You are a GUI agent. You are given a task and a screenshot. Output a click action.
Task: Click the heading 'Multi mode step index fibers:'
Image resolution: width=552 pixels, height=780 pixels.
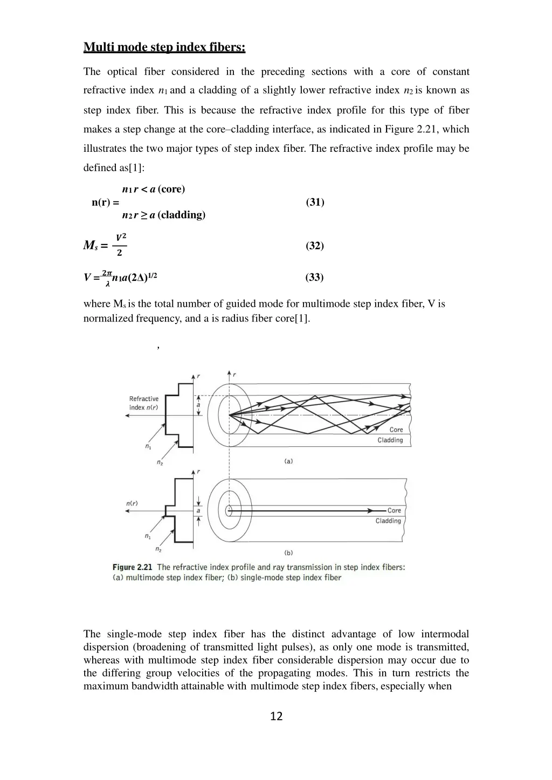tap(164, 47)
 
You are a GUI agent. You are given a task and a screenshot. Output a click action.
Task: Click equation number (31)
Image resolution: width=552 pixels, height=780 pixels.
tap(315, 202)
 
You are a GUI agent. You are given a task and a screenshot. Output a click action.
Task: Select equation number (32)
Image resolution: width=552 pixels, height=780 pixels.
tap(315, 245)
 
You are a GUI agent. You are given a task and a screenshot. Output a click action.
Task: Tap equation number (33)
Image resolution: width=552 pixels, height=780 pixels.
tap(314, 277)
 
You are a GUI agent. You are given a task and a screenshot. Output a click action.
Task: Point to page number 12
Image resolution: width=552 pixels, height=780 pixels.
tap(276, 716)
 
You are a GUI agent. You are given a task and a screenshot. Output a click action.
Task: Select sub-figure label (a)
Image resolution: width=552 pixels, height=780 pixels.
tap(288, 461)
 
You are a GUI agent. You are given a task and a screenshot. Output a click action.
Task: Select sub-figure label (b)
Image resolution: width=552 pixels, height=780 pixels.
tap(288, 552)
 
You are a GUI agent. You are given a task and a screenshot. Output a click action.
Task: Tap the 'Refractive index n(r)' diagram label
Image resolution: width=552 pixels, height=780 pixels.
tap(144, 403)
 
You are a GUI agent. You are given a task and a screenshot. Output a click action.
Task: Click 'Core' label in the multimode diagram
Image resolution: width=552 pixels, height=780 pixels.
tap(396, 430)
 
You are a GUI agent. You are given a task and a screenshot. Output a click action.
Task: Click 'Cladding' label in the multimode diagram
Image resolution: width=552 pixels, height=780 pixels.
tap(390, 440)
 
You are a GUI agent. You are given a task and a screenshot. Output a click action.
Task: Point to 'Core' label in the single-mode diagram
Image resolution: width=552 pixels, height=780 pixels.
tap(395, 510)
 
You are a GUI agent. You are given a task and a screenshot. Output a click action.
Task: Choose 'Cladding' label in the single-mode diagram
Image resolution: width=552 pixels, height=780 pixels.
tap(388, 521)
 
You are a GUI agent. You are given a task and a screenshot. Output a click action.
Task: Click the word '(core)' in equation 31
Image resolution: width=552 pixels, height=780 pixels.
tap(171, 189)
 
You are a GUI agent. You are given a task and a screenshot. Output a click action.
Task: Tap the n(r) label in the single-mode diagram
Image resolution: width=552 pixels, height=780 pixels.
tap(132, 503)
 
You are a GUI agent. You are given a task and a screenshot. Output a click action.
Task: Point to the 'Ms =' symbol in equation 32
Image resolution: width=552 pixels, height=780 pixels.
tap(95, 245)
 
